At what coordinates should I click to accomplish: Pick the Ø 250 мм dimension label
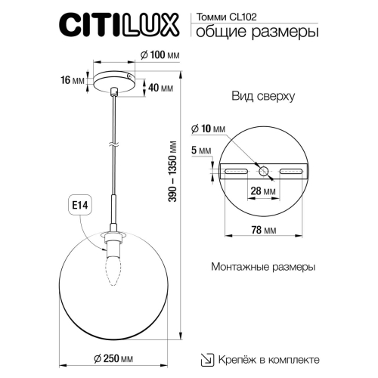(x=115, y=358)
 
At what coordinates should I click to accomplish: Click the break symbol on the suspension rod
(x=113, y=144)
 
